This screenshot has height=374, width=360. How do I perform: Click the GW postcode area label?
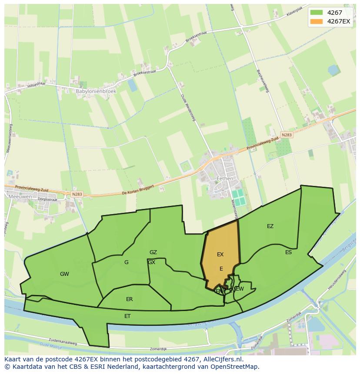point(64,274)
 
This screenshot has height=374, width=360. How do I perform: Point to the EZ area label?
point(270,226)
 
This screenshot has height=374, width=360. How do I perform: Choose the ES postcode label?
point(289,252)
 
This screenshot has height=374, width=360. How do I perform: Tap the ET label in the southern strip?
point(127,316)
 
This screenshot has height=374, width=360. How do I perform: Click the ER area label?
point(130,299)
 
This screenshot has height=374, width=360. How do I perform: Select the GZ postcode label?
point(153,252)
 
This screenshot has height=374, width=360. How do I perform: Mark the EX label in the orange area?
point(220,255)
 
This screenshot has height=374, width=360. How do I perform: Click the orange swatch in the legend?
point(317,21)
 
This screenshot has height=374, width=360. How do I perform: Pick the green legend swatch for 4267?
point(317,13)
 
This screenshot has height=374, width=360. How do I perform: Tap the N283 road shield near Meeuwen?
point(77,194)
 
